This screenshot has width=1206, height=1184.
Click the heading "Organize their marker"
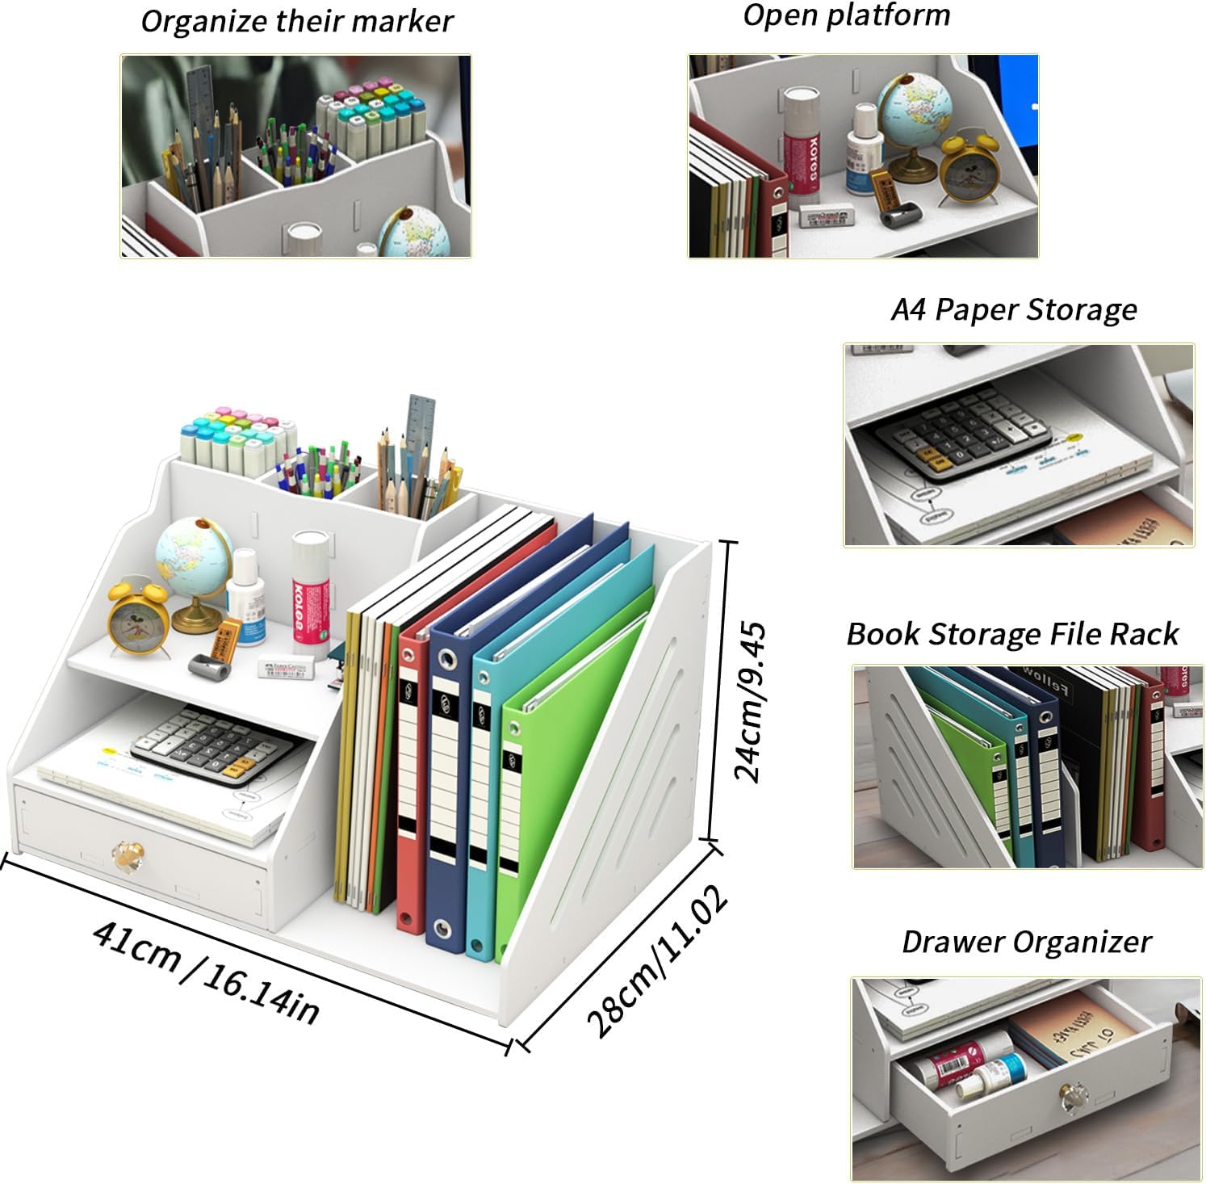pos(296,22)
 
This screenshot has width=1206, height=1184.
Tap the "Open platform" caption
pos(846,15)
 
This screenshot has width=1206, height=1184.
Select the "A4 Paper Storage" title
pos(1014,310)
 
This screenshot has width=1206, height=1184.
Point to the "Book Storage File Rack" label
pos(1012,635)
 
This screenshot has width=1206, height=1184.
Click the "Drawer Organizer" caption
pos(1026,943)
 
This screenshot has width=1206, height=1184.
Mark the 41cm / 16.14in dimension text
pos(206,972)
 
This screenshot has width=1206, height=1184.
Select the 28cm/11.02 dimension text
pos(657,960)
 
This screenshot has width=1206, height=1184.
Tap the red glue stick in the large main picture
pos(310,594)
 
